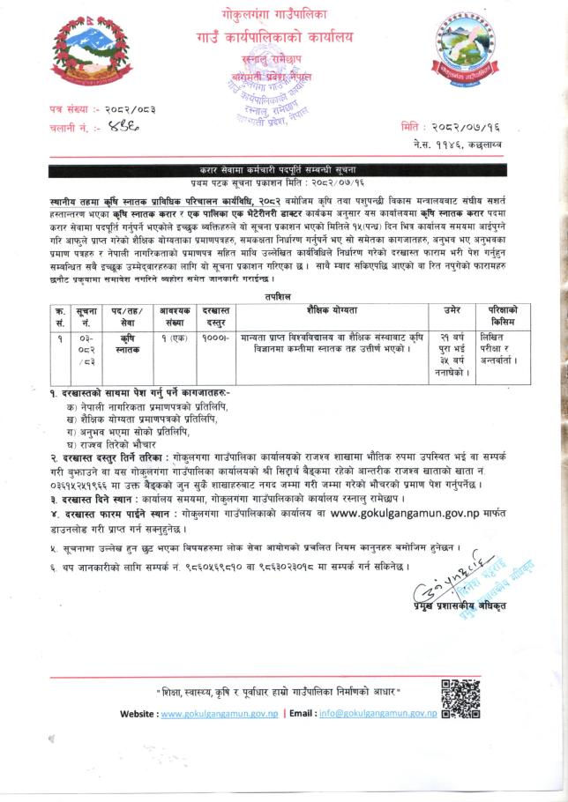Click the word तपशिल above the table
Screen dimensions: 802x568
(x=283, y=297)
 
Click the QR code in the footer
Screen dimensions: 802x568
(x=460, y=699)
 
